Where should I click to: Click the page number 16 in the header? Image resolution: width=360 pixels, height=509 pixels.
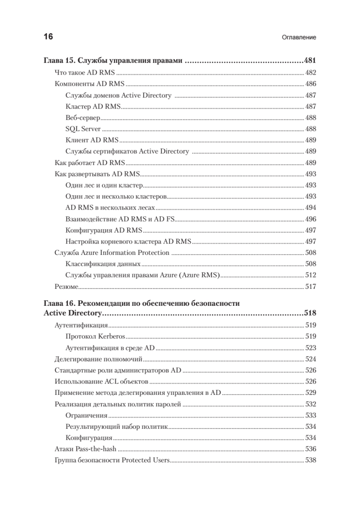click(48, 36)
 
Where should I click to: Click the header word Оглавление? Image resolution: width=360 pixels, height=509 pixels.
click(299, 37)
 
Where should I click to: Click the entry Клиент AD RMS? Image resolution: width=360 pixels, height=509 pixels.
click(92, 140)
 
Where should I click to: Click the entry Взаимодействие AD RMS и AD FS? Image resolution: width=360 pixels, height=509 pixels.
click(120, 219)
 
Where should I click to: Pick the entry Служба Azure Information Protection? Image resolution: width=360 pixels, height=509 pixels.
click(112, 253)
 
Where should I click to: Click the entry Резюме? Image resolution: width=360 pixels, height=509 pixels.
click(67, 287)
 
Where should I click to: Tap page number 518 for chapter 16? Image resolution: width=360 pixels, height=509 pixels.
click(310, 314)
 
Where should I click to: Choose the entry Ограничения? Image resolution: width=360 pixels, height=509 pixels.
click(87, 416)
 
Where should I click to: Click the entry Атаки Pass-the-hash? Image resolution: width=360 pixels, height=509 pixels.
click(86, 449)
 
